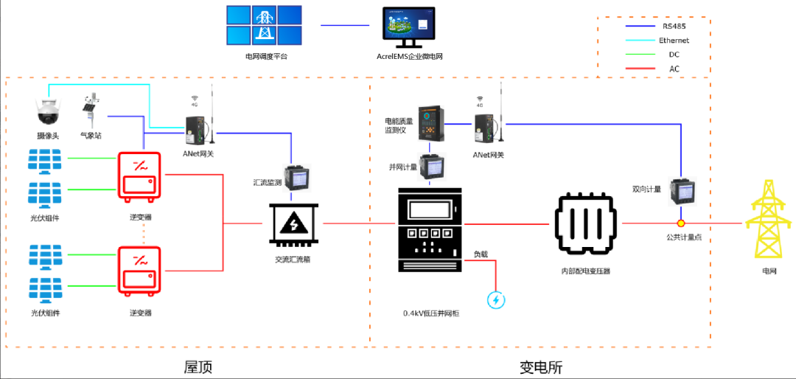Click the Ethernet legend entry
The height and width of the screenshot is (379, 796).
coord(674,41)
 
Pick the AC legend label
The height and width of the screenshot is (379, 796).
coord(674,69)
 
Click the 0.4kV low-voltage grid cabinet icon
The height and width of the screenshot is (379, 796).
coord(428,243)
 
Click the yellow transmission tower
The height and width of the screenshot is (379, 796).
coord(769,220)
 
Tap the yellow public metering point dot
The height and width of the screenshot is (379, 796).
coord(681,223)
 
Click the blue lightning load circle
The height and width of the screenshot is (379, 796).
coord(496,300)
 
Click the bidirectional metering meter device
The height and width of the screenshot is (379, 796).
coord(680,192)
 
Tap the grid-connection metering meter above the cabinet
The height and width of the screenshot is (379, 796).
coord(429,167)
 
